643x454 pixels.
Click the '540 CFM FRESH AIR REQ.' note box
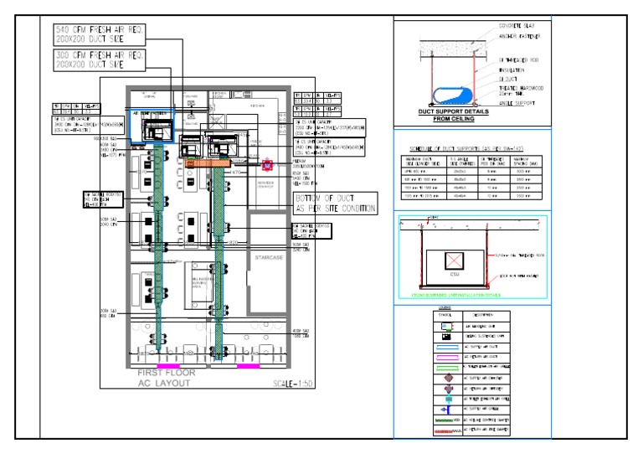[x=99, y=34]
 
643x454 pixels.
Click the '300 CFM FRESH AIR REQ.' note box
[x=99, y=59]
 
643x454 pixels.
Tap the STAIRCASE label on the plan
[x=270, y=261]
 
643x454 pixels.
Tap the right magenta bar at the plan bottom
[x=249, y=366]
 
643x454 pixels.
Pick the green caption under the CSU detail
[x=469, y=295]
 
